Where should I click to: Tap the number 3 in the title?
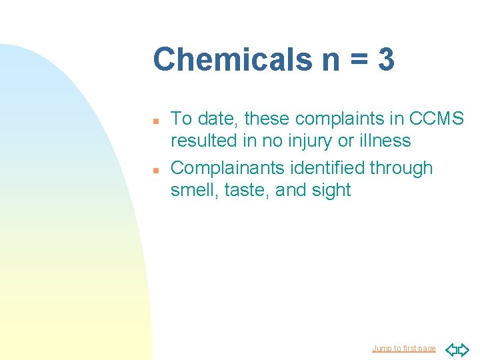pos(385,59)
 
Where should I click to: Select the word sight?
pos(329,190)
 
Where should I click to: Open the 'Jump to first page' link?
pos(403,349)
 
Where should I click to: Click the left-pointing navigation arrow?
pos(451,349)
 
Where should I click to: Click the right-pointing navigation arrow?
pos(463,349)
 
